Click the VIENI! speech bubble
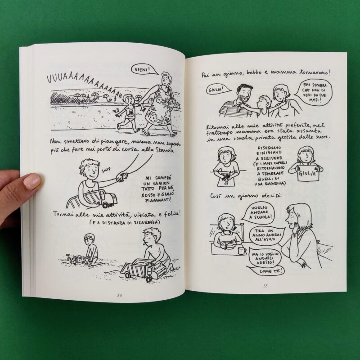point(144,69)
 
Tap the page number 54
point(119,296)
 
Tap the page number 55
point(265,286)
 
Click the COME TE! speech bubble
point(267,271)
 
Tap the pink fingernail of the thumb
point(32,180)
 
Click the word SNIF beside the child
point(106,170)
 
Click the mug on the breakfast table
point(242,251)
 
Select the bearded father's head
point(243,93)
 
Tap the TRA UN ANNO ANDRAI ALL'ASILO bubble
point(266,235)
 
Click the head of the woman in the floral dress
point(166,79)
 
